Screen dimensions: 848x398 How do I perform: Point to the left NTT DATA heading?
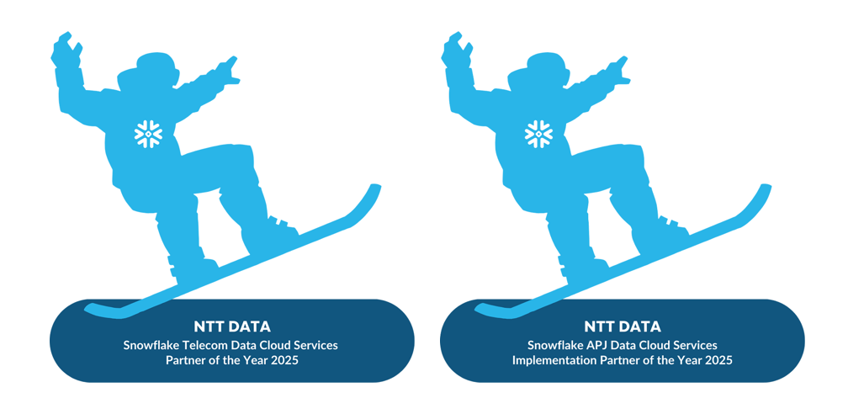click(232, 326)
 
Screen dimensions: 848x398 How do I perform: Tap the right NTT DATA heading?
click(623, 326)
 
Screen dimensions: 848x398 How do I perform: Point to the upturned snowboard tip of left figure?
click(374, 190)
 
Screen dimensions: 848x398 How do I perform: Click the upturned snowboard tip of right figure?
click(764, 190)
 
